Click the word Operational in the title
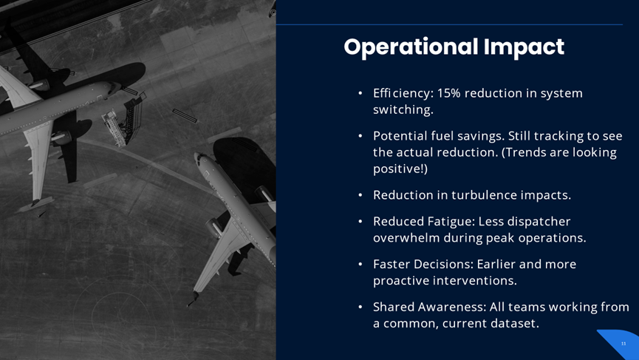coord(411,47)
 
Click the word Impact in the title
coord(524,47)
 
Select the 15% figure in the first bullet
coord(448,93)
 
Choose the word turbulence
coord(485,195)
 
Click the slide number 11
coord(623,344)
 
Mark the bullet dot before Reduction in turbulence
coord(360,195)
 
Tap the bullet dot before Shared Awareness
coord(360,307)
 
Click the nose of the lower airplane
coord(197,155)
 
